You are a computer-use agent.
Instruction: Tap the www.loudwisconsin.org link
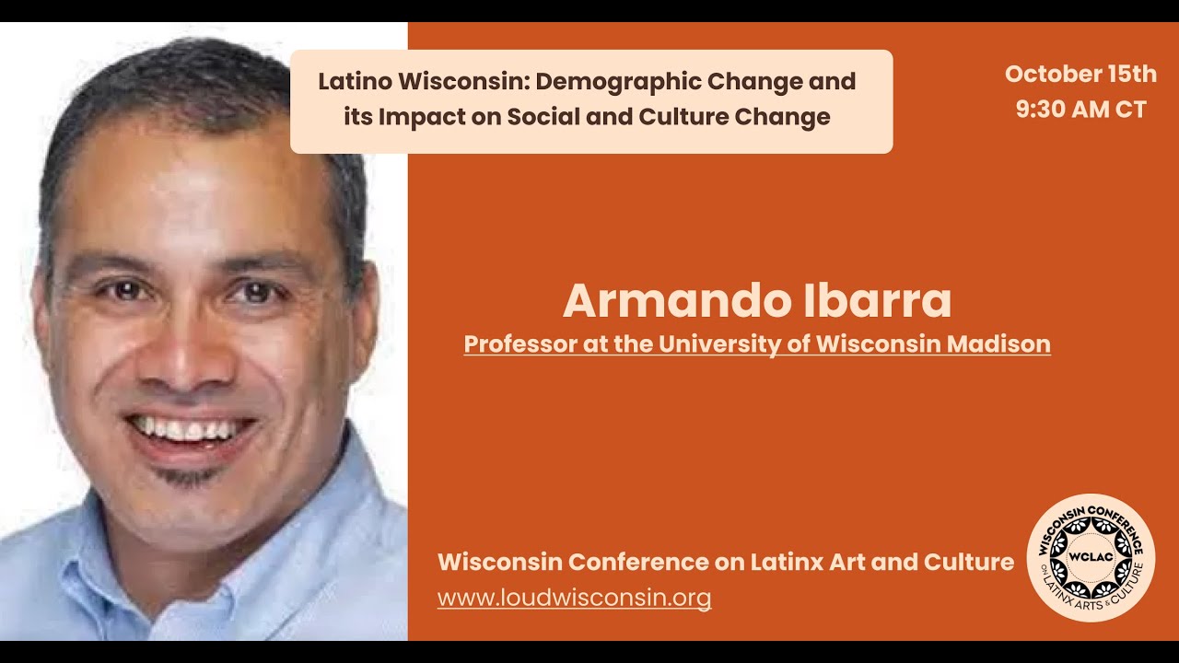pos(574,598)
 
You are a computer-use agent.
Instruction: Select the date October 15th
pos(1080,75)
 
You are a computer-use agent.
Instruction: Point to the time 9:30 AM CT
pos(1080,110)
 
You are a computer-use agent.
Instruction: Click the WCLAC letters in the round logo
pos(1091,557)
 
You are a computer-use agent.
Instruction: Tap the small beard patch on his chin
pos(189,477)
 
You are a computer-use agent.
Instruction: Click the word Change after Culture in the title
pos(784,117)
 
